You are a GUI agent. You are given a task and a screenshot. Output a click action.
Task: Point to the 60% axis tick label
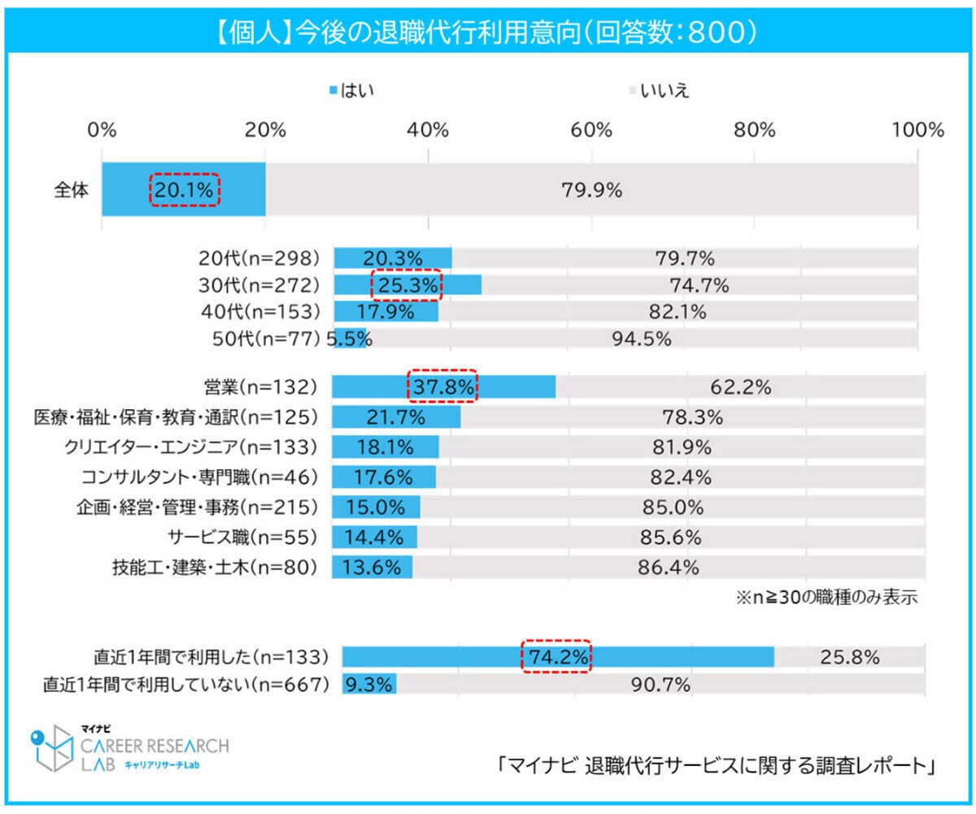[x=591, y=129]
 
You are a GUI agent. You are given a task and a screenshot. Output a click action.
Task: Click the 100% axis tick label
[x=917, y=129]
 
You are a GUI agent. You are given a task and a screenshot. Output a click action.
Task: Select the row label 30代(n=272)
[x=259, y=285]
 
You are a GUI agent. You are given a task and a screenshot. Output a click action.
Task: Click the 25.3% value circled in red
[x=406, y=285]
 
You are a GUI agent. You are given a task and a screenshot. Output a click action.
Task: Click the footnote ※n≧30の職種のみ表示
[x=826, y=599]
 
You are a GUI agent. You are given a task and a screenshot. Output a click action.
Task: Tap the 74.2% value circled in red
[x=556, y=656]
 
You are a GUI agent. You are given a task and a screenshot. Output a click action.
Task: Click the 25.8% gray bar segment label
[x=850, y=656]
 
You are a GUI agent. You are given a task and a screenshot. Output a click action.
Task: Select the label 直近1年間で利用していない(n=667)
[x=185, y=685]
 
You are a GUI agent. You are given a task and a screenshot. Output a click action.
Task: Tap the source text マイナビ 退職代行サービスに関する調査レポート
[x=717, y=766]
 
